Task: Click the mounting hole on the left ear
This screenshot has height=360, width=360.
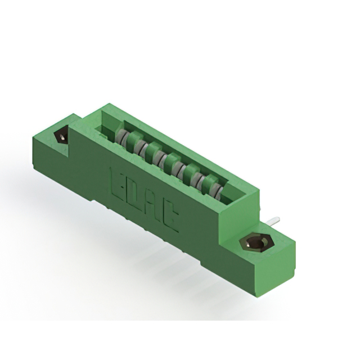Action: [x=60, y=136]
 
